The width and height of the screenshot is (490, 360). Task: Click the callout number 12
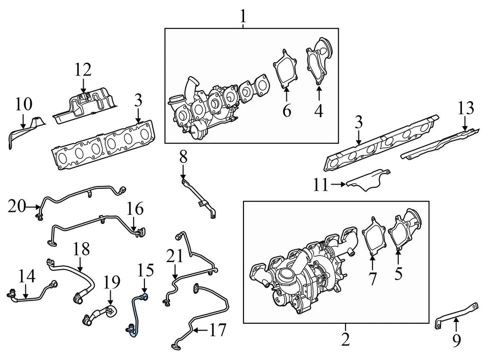(82, 69)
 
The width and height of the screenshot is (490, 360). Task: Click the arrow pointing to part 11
(338, 184)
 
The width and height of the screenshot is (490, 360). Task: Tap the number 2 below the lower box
(346, 339)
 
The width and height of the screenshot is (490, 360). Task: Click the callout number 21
(175, 256)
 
